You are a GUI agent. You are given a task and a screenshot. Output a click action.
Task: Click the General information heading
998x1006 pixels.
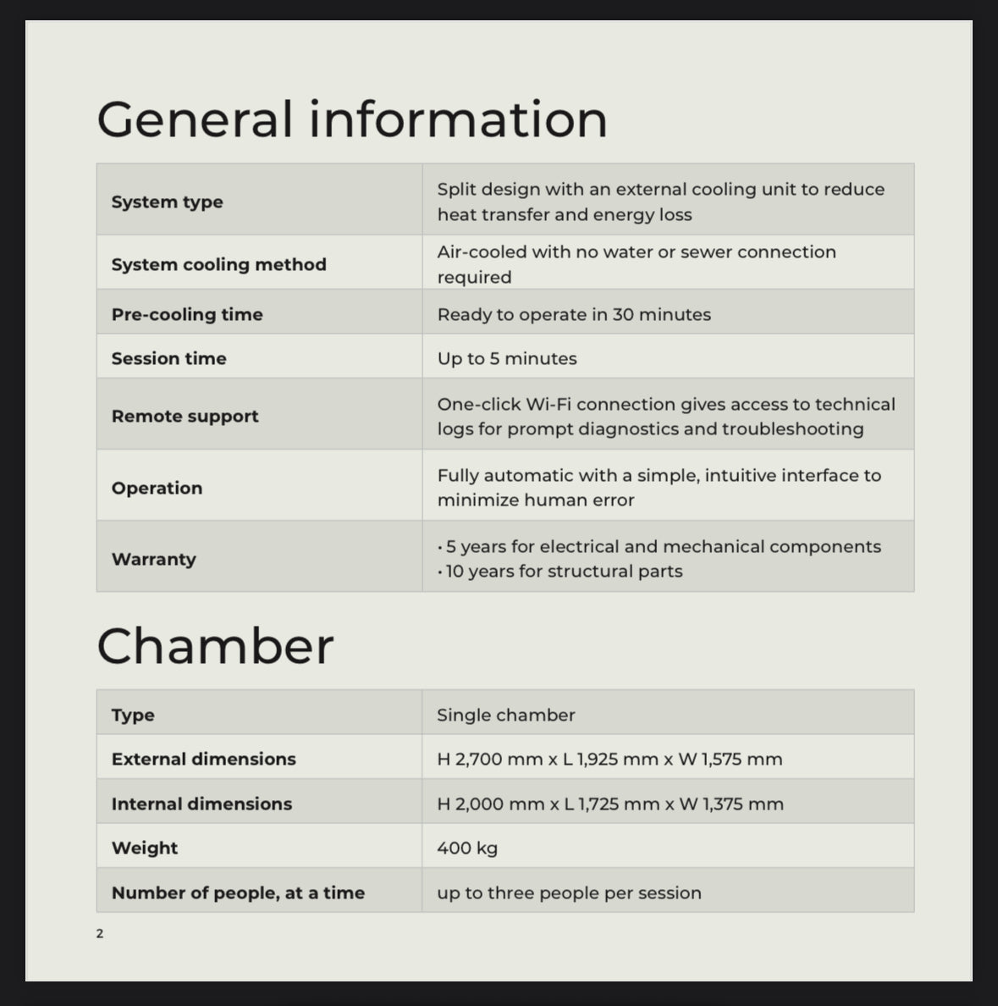click(x=352, y=119)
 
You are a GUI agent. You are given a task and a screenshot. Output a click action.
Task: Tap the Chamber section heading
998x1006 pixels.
click(x=215, y=646)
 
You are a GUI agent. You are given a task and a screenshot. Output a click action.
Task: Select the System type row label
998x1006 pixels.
click(x=168, y=202)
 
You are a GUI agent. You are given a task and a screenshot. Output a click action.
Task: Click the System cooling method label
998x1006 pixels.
click(x=218, y=264)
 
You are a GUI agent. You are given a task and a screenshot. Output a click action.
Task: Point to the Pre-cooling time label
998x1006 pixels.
click(x=187, y=314)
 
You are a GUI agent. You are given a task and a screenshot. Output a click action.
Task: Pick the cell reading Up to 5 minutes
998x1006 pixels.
click(x=507, y=358)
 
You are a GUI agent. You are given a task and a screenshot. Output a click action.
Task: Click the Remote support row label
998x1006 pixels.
click(x=185, y=416)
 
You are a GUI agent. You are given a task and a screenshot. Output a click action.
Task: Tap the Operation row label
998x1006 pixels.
click(x=157, y=488)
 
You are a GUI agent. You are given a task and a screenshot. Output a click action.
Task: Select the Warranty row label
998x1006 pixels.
click(x=153, y=559)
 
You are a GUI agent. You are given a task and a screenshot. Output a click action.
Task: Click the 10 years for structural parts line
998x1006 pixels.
click(x=564, y=572)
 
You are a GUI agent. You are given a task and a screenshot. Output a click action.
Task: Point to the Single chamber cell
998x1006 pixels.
click(x=505, y=715)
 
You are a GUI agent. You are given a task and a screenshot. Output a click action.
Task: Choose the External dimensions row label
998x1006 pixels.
click(x=203, y=759)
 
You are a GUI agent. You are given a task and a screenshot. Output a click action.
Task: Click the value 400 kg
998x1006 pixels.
click(x=467, y=848)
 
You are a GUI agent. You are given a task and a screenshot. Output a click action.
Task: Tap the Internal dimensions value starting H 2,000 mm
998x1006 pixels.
click(x=609, y=804)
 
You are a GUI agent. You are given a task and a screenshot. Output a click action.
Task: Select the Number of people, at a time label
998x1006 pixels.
click(x=238, y=893)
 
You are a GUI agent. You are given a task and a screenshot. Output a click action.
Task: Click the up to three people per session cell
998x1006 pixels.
click(x=569, y=893)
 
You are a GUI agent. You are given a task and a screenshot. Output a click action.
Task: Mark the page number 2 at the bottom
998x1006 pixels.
click(x=100, y=934)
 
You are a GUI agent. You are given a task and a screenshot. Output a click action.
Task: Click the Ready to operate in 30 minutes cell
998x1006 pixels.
click(x=574, y=314)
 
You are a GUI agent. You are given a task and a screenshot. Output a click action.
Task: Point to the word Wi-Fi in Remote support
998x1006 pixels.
click(x=548, y=404)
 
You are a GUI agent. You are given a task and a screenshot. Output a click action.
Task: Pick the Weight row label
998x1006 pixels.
click(x=145, y=848)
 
